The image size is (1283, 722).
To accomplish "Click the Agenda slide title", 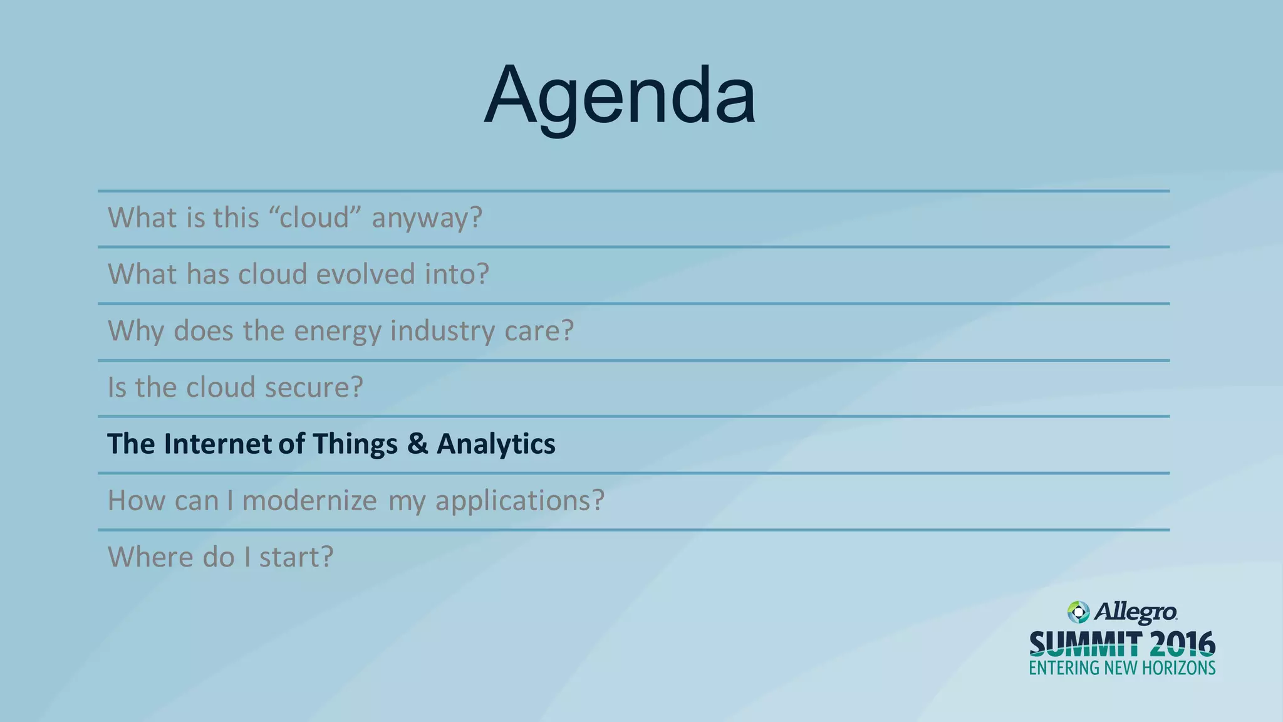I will click(620, 96).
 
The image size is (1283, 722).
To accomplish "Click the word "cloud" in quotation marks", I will click(315, 217).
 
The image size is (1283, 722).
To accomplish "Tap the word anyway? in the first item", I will click(427, 218).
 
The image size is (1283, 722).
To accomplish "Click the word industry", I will click(442, 331).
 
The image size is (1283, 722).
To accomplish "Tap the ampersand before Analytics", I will click(417, 444).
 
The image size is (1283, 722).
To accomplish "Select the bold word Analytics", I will click(496, 444).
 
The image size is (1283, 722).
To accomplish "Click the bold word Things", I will click(355, 444).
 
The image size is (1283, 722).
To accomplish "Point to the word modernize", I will click(309, 500).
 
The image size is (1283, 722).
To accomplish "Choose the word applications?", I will click(520, 501).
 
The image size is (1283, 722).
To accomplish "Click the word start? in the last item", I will click(296, 557).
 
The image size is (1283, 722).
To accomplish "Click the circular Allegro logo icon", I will click(1078, 612).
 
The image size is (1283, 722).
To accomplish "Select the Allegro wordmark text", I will click(1135, 612).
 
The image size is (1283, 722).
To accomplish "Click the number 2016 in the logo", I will click(1182, 644).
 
